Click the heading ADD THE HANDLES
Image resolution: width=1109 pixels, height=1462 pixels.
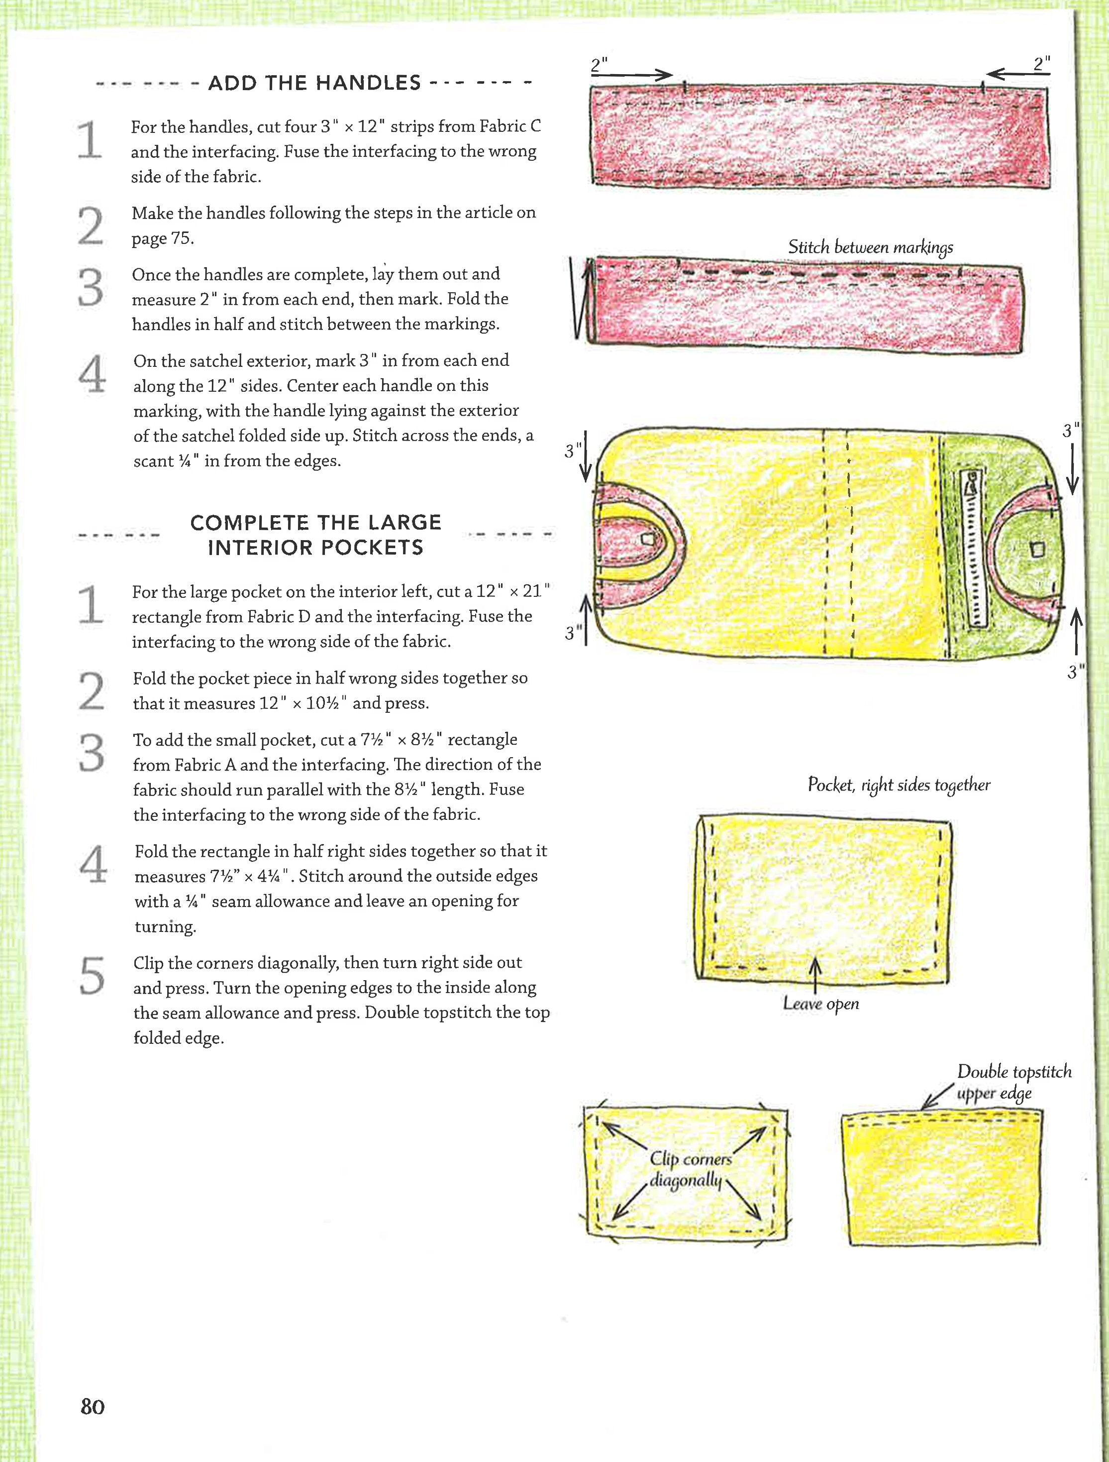click(x=314, y=83)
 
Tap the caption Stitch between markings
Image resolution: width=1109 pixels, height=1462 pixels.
click(x=870, y=247)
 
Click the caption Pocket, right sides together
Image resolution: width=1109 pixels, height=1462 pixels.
click(x=899, y=785)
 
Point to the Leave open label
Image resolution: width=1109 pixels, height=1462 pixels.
click(x=820, y=1004)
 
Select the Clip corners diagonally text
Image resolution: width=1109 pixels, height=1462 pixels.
click(x=690, y=1169)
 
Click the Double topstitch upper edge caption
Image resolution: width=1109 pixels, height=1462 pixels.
click(x=1013, y=1082)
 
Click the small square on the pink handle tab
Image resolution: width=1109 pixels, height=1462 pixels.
click(x=648, y=540)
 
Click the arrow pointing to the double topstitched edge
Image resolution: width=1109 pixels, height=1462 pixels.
click(x=936, y=1097)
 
